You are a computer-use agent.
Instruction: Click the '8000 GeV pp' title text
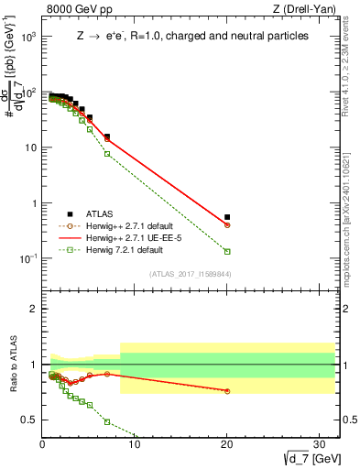[x=80, y=10]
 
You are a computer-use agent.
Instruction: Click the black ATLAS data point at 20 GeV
[x=227, y=217]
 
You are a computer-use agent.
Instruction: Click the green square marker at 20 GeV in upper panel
[x=227, y=251]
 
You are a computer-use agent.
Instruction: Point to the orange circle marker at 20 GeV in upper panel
[x=227, y=224]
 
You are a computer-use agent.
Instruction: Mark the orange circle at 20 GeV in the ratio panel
[x=227, y=391]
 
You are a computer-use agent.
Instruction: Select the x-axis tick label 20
[x=227, y=442]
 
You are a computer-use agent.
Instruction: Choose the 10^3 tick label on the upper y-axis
[x=27, y=38]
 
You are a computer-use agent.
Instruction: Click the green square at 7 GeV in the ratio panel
[x=107, y=421]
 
